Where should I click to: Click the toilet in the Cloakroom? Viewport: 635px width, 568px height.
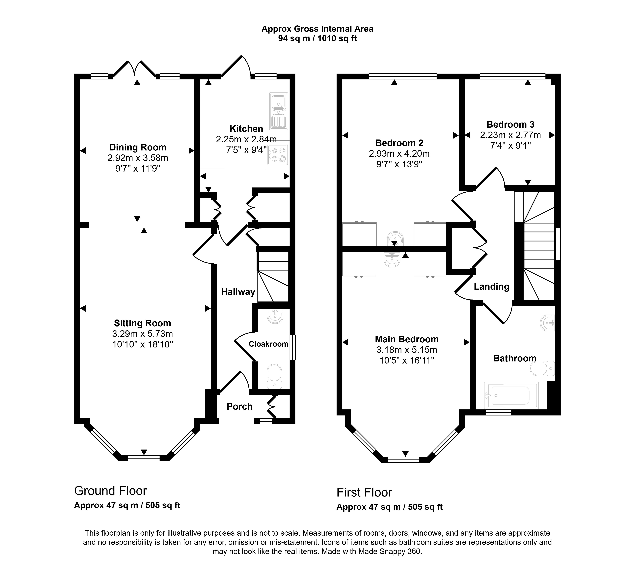pyautogui.click(x=274, y=376)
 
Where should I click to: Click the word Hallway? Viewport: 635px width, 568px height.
pyautogui.click(x=238, y=292)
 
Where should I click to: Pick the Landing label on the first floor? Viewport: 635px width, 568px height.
pyautogui.click(x=491, y=286)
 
